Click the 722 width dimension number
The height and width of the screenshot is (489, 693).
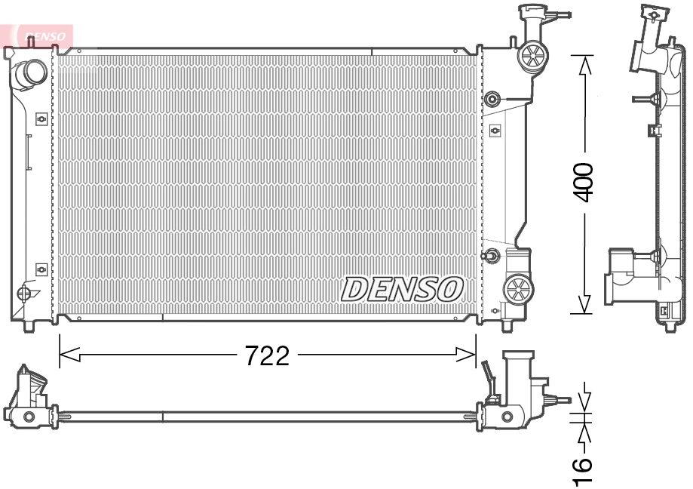tap(267, 355)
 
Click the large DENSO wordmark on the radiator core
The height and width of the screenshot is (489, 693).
tap(403, 288)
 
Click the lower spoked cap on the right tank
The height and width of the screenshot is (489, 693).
tap(518, 288)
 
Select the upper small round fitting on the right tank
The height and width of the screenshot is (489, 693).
tap(492, 98)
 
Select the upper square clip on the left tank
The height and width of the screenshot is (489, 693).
tap(41, 118)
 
